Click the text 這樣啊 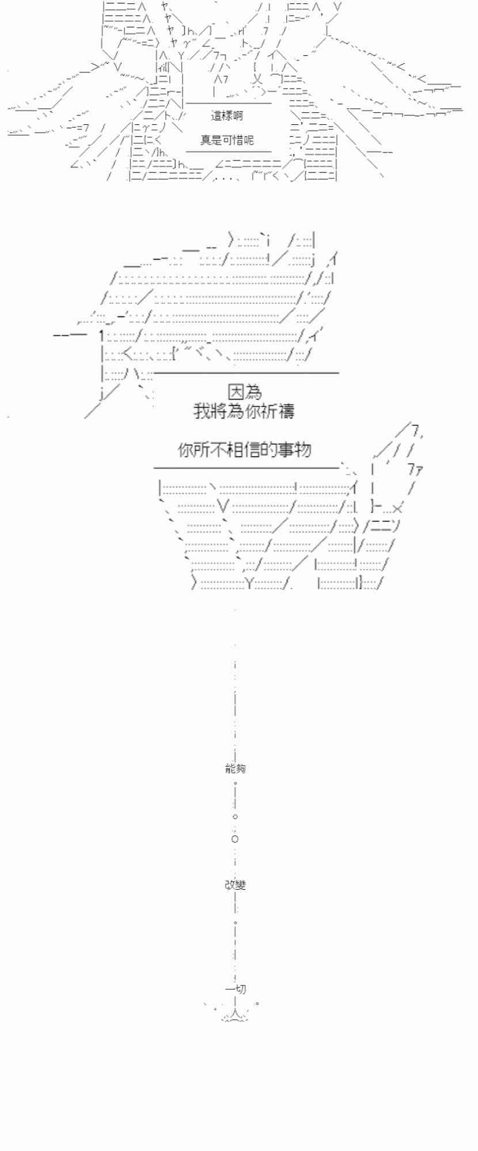point(227,116)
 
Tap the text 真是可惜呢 point(227,140)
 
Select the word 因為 point(245,392)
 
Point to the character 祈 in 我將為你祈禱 point(268,411)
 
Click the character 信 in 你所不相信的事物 point(252,449)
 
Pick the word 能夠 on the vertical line point(235,768)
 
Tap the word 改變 point(235,885)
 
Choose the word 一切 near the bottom point(236,989)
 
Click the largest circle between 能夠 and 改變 point(235,839)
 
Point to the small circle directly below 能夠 point(235,783)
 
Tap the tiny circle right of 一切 point(257,1004)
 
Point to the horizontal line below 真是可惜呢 point(229,152)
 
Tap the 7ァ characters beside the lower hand point(416,469)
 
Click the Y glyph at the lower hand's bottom point(249,583)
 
